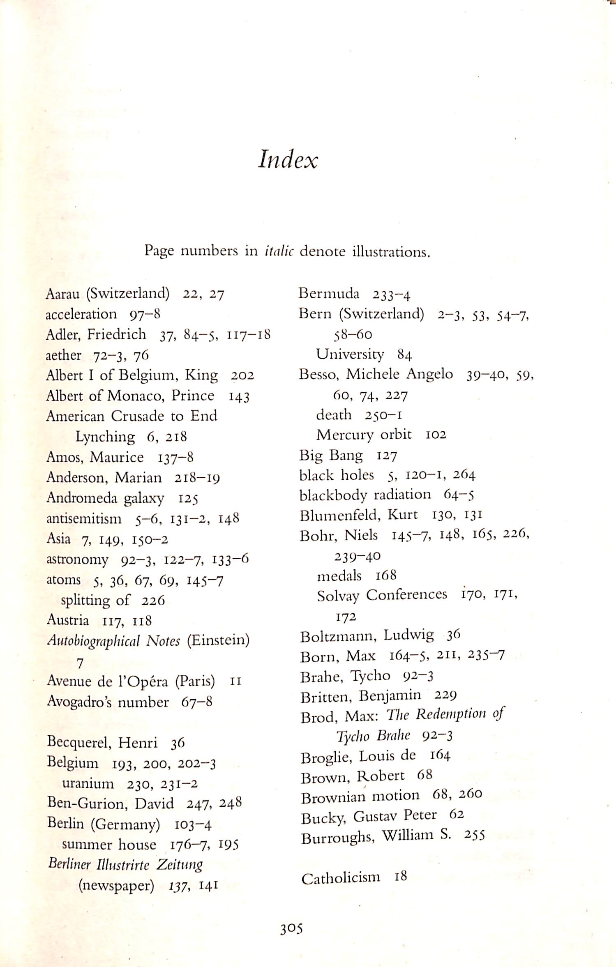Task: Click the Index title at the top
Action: tap(288, 159)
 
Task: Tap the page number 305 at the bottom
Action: tap(291, 929)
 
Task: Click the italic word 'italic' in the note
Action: tap(279, 251)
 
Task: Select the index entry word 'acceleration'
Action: tap(81, 314)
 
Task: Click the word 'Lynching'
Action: tap(105, 437)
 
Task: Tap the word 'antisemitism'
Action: tap(84, 519)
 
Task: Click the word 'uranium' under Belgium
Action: tap(88, 784)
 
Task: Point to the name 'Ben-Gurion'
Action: tap(87, 804)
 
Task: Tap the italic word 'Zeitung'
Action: tap(180, 865)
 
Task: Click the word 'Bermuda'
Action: tap(329, 293)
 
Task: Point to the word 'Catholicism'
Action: tap(341, 879)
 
